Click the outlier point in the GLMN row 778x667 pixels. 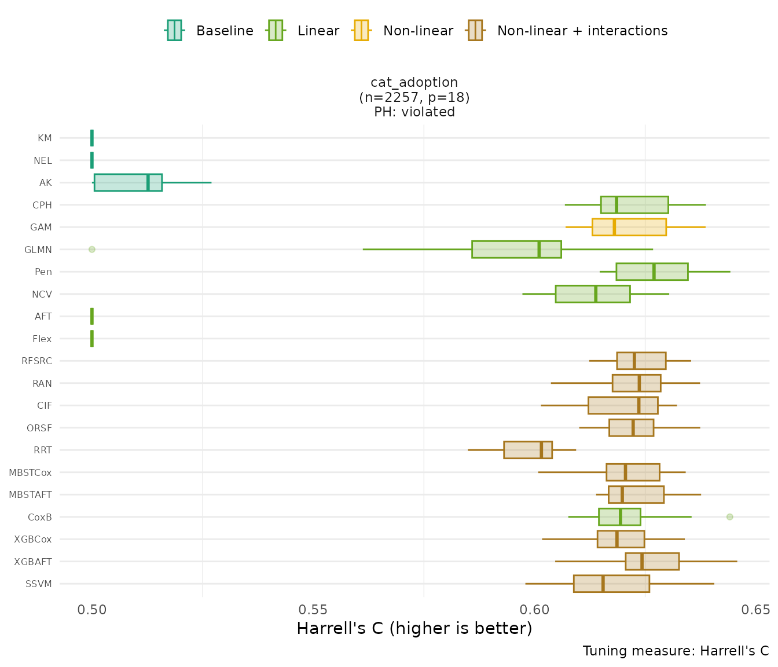click(x=91, y=250)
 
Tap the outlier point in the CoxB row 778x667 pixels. click(x=729, y=517)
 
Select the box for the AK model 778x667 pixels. click(x=128, y=182)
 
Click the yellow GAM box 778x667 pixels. click(x=629, y=227)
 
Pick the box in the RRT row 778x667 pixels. click(x=527, y=450)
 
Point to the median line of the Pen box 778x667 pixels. click(x=654, y=272)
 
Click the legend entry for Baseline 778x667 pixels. click(x=225, y=31)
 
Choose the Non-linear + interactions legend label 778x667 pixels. click(x=582, y=31)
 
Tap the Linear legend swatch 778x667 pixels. click(x=276, y=30)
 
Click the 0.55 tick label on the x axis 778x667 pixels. click(x=313, y=610)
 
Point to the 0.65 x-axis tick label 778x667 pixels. click(x=757, y=610)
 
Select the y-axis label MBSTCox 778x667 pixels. click(x=30, y=472)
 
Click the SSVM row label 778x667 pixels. click(x=39, y=584)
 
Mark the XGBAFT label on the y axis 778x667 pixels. click(x=33, y=562)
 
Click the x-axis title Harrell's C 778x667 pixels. click(x=414, y=628)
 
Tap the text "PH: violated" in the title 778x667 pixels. click(x=414, y=112)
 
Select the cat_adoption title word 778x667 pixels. click(x=414, y=82)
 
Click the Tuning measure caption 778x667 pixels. click(x=676, y=651)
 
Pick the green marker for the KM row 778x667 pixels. click(x=92, y=138)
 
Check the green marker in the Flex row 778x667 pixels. click(x=92, y=339)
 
